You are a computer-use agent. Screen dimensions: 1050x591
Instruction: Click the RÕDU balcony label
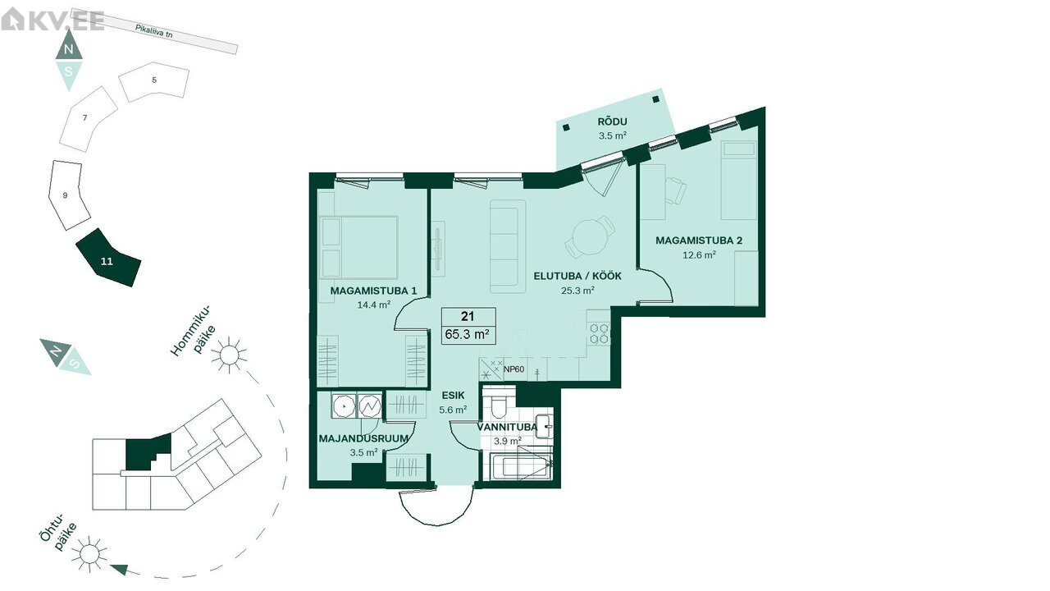[x=612, y=122]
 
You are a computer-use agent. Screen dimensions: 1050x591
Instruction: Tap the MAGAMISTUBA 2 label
[x=699, y=241]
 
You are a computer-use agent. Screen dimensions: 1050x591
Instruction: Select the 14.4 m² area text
[x=373, y=305]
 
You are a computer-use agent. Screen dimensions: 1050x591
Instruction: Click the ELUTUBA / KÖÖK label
[x=577, y=276]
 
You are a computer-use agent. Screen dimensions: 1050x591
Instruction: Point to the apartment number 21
[x=468, y=317]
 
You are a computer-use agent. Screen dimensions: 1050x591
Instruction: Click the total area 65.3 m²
[x=468, y=334]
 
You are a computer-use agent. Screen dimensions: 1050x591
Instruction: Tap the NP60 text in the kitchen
[x=514, y=369]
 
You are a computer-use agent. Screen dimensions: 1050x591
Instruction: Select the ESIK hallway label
[x=453, y=396]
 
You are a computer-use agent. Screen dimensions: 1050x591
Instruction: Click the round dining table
[x=590, y=237]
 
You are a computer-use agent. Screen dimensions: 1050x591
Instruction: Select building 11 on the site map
[x=108, y=258]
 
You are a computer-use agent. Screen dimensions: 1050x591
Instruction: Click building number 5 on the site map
[x=154, y=80]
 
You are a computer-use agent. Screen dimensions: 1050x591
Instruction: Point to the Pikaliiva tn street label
[x=153, y=31]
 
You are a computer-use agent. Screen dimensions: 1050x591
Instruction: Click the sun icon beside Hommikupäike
[x=229, y=355]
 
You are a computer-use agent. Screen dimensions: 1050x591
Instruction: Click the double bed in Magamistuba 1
[x=358, y=247]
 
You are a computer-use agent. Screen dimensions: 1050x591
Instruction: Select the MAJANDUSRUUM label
[x=363, y=438]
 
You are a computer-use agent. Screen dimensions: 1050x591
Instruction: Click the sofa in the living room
[x=508, y=247]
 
